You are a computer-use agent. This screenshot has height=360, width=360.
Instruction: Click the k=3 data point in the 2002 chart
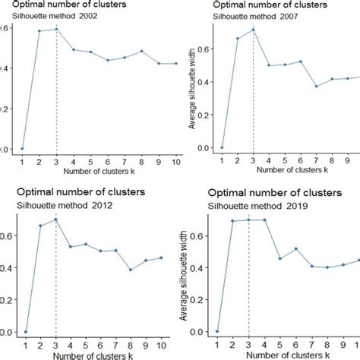tap(56, 30)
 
